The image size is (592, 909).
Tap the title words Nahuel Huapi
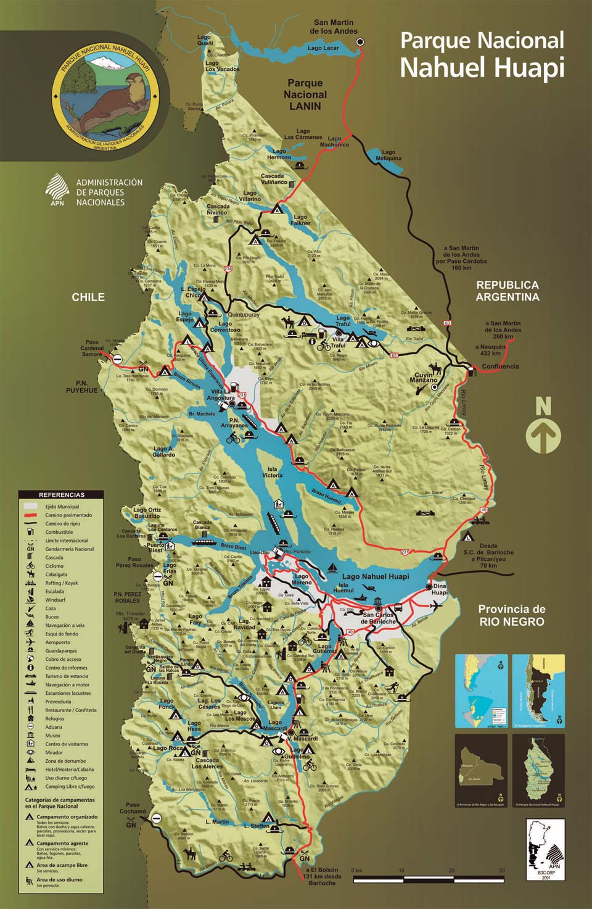pyautogui.click(x=482, y=67)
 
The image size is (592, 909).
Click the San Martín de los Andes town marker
pyautogui.click(x=360, y=42)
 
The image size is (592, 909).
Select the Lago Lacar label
pyautogui.click(x=323, y=48)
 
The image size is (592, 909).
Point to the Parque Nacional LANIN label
pyautogui.click(x=305, y=94)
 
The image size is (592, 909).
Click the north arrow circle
pyautogui.click(x=543, y=436)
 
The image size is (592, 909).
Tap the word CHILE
pyautogui.click(x=88, y=297)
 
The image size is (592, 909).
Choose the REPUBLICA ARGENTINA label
pyautogui.click(x=507, y=291)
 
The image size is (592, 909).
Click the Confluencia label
pyautogui.click(x=500, y=367)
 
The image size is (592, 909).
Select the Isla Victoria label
pyautogui.click(x=272, y=472)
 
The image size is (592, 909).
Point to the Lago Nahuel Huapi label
pyautogui.click(x=376, y=576)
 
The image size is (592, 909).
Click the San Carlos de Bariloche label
pyautogui.click(x=378, y=618)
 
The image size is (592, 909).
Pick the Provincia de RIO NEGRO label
pyautogui.click(x=511, y=615)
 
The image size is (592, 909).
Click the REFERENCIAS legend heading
pyautogui.click(x=61, y=494)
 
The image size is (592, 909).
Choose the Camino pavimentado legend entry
pyautogui.click(x=68, y=515)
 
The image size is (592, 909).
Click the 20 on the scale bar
pyautogui.click(x=451, y=870)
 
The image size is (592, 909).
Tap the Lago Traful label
pyautogui.click(x=342, y=321)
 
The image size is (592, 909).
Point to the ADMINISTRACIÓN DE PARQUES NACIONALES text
pyautogui.click(x=109, y=192)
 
